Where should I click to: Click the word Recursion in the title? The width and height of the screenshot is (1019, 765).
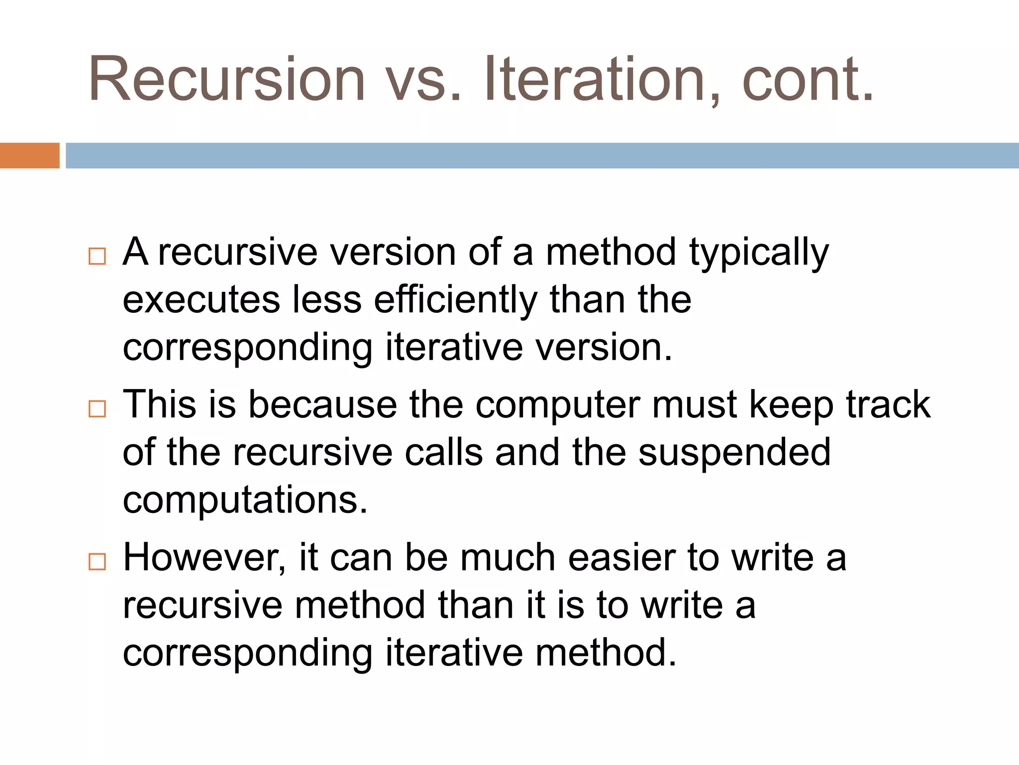pyautogui.click(x=227, y=80)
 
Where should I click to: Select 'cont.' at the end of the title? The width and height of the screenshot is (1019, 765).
pyautogui.click(x=807, y=80)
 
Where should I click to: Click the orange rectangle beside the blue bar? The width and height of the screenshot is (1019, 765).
pyautogui.click(x=29, y=155)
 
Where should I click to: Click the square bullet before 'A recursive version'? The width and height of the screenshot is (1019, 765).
pyautogui.click(x=97, y=256)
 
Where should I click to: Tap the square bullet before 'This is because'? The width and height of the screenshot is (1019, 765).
pyautogui.click(x=97, y=409)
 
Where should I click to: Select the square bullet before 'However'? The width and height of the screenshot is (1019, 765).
pyautogui.click(x=97, y=561)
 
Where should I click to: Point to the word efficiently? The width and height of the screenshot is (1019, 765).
pyautogui.click(x=455, y=300)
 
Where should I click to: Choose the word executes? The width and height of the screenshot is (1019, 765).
pyautogui.click(x=202, y=300)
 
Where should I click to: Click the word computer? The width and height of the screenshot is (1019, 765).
pyautogui.click(x=557, y=404)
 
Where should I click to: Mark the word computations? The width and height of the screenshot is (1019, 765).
pyautogui.click(x=245, y=501)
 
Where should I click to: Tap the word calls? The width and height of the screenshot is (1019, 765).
pyautogui.click(x=444, y=452)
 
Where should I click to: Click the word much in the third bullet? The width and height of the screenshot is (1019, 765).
pyautogui.click(x=508, y=558)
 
